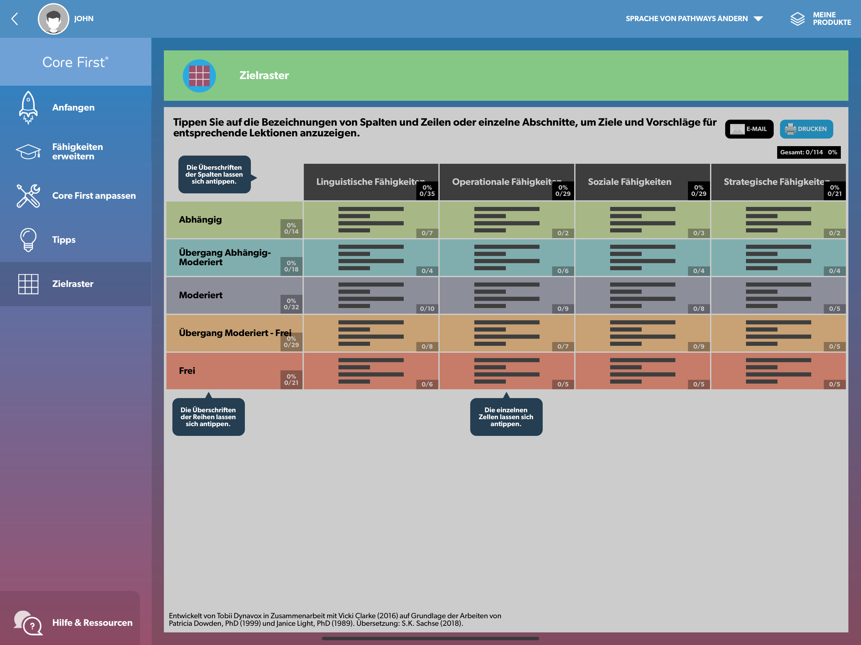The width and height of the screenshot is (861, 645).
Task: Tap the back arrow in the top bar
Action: [x=15, y=19]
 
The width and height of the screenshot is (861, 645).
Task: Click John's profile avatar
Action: [x=53, y=19]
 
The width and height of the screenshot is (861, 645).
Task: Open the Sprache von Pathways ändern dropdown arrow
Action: [x=758, y=19]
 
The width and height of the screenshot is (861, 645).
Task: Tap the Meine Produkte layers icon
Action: [x=797, y=19]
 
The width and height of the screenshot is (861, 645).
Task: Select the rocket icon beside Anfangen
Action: [x=28, y=107]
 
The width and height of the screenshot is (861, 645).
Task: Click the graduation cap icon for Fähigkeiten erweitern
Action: [x=28, y=151]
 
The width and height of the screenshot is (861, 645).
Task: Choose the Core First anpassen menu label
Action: [x=94, y=196]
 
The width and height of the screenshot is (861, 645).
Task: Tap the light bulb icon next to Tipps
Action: [x=28, y=240]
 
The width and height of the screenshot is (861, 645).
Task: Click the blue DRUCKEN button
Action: [x=806, y=129]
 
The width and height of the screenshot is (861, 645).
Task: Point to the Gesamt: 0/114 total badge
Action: [x=808, y=152]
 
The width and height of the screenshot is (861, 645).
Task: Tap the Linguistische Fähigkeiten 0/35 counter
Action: [x=427, y=191]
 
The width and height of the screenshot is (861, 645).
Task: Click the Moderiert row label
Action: [x=200, y=295]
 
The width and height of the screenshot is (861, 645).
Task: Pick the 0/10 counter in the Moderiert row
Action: [x=427, y=309]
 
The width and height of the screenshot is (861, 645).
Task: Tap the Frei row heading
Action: [x=187, y=371]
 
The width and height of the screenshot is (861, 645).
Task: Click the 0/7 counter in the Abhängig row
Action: [x=427, y=233]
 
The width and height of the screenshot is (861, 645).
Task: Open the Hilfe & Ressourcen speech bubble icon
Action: [x=28, y=623]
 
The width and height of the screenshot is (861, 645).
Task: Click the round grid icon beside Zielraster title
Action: [x=199, y=76]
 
